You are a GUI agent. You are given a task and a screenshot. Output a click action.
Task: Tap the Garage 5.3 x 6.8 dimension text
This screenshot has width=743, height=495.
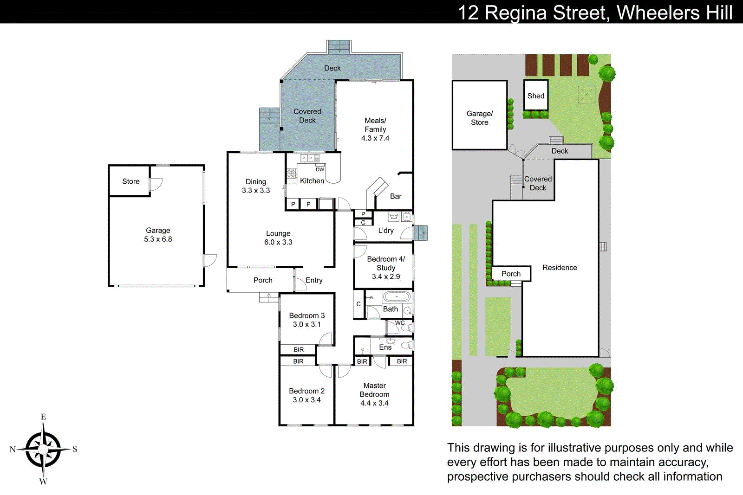158,239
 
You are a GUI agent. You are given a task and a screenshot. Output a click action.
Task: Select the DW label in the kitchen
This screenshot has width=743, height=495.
320,169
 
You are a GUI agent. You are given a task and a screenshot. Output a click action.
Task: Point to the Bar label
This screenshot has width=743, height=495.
396,196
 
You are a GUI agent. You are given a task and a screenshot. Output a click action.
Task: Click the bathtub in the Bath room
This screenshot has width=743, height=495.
397,296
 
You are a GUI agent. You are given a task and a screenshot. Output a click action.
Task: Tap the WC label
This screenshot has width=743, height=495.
400,323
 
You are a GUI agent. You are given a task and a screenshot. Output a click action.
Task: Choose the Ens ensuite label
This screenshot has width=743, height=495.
385,347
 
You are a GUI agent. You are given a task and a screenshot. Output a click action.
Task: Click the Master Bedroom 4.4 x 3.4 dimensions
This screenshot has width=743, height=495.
374,403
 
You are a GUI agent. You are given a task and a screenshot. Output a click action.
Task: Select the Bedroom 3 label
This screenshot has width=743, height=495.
306,315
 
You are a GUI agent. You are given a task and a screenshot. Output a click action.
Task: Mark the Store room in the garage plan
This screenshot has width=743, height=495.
130,181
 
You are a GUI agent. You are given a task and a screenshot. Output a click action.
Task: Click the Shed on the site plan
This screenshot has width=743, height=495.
535,96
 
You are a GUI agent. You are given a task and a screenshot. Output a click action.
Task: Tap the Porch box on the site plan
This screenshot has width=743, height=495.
511,274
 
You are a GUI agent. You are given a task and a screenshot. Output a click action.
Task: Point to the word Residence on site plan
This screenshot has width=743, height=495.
560,268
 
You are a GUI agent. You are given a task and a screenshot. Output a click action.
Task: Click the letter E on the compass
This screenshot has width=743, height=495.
43,417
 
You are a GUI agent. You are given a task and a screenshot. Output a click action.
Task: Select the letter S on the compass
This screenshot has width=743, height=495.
75,449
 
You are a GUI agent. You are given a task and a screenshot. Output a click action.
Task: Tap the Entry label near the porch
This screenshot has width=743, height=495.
314,280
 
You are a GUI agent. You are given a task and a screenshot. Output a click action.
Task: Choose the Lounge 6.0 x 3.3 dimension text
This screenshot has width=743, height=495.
278,242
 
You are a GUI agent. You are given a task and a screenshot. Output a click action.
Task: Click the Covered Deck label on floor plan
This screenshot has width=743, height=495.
307,116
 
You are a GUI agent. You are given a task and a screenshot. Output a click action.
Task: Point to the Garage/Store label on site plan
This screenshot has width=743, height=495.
480,118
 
